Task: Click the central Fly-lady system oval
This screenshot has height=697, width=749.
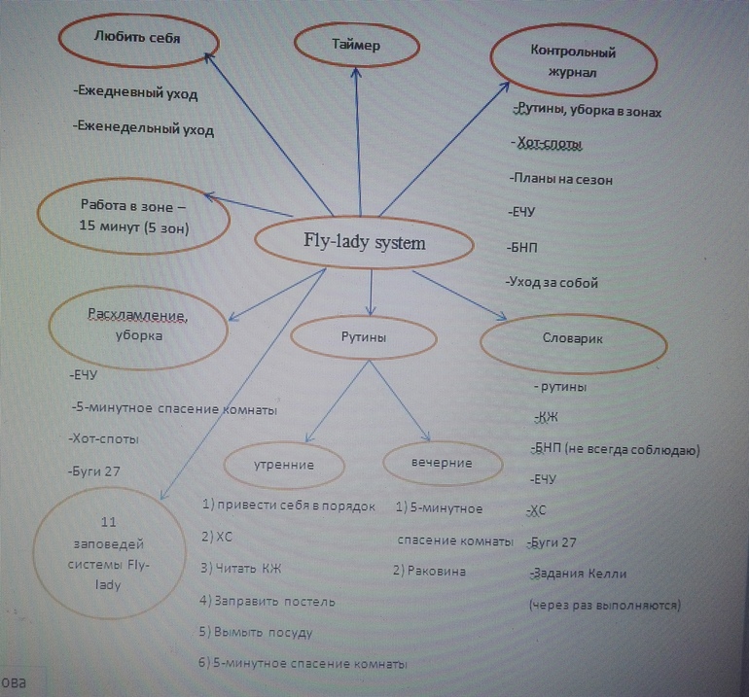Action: click(x=364, y=242)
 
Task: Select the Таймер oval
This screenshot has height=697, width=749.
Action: click(x=357, y=46)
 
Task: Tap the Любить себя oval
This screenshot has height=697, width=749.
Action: click(x=138, y=41)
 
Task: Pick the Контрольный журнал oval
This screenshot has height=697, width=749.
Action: click(x=574, y=60)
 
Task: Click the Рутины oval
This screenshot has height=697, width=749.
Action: click(x=364, y=337)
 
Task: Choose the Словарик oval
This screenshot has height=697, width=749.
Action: click(x=573, y=343)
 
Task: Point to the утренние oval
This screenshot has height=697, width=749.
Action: click(x=284, y=465)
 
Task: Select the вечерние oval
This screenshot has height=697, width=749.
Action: click(x=443, y=463)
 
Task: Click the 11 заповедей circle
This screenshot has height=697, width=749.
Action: click(x=109, y=553)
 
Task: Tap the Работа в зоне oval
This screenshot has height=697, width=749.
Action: click(x=134, y=216)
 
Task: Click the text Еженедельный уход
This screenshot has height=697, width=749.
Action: click(x=143, y=128)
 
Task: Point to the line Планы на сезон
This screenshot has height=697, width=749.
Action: click(x=561, y=180)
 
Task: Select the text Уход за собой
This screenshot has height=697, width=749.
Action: click(x=552, y=282)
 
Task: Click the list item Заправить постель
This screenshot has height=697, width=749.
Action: click(x=267, y=601)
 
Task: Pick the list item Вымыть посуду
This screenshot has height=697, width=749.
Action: click(x=256, y=632)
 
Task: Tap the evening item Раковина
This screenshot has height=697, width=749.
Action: click(x=429, y=571)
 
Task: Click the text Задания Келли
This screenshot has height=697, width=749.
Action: click(x=578, y=573)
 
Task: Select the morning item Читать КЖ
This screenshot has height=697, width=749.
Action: click(x=241, y=568)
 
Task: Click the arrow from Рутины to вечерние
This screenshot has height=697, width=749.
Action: click(x=400, y=401)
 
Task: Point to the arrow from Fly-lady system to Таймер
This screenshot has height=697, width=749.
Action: click(x=358, y=142)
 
